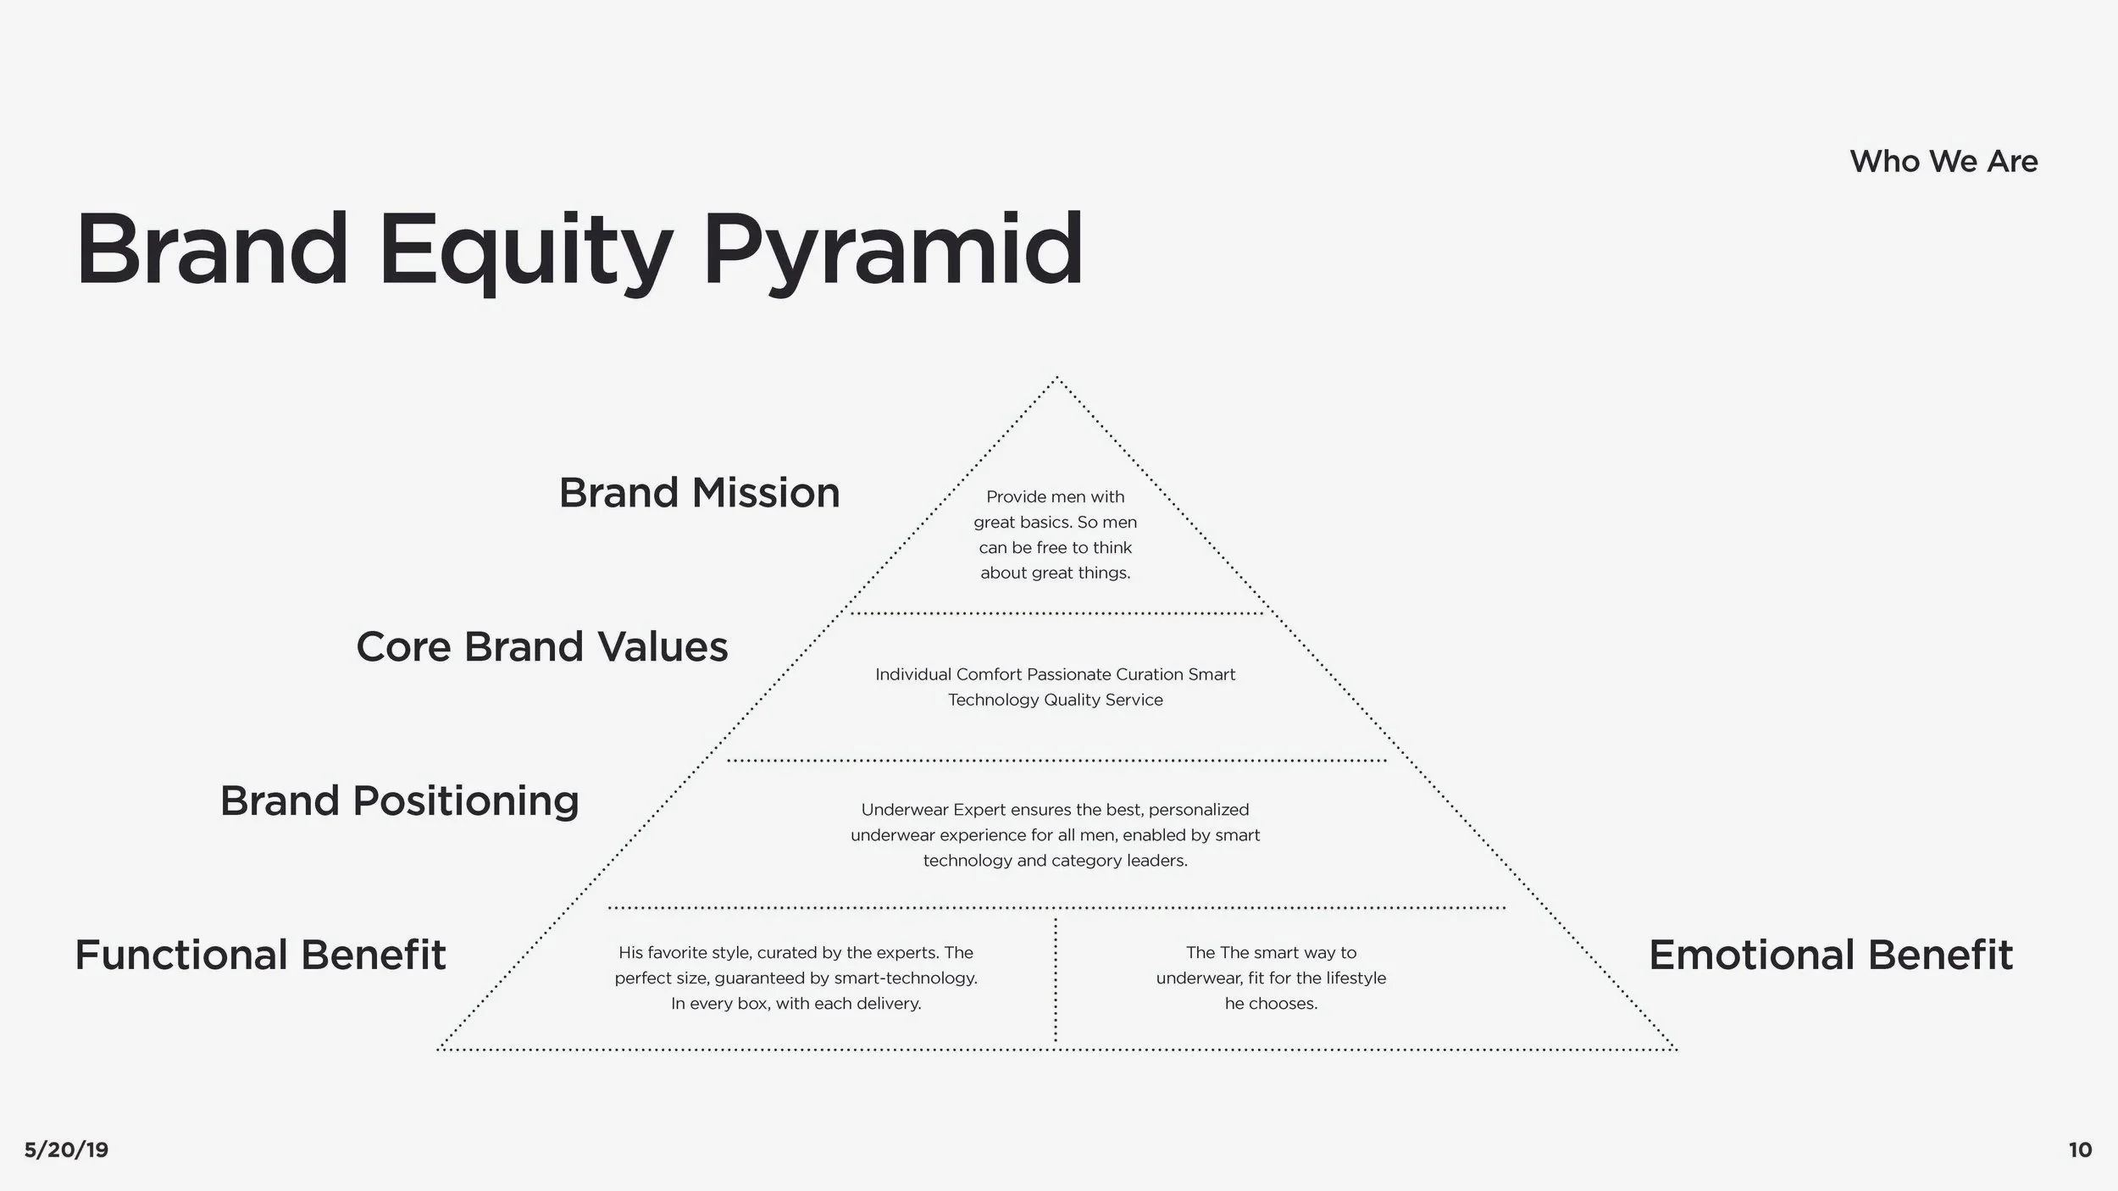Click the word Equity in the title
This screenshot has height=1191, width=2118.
[524, 251]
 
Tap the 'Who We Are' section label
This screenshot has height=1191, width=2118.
[1943, 161]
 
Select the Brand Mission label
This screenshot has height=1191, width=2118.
[699, 493]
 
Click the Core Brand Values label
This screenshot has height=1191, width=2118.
[541, 647]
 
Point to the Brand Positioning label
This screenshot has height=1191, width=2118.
[399, 800]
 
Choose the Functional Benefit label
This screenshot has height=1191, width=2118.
[260, 955]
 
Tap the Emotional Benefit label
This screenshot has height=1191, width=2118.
[1830, 955]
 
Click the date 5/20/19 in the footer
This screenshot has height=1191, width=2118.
[66, 1149]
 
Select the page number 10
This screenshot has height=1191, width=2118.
[2080, 1149]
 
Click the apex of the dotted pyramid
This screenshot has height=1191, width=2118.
[1056, 379]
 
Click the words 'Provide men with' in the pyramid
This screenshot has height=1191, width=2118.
[1055, 496]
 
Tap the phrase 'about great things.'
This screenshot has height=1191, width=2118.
[1055, 573]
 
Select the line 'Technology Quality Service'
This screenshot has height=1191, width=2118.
[1055, 700]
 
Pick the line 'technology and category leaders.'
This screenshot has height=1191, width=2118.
[1055, 861]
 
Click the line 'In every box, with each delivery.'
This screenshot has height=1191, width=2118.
[796, 1004]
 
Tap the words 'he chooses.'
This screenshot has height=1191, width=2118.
[1271, 1004]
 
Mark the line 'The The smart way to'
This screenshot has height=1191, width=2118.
[1271, 953]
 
